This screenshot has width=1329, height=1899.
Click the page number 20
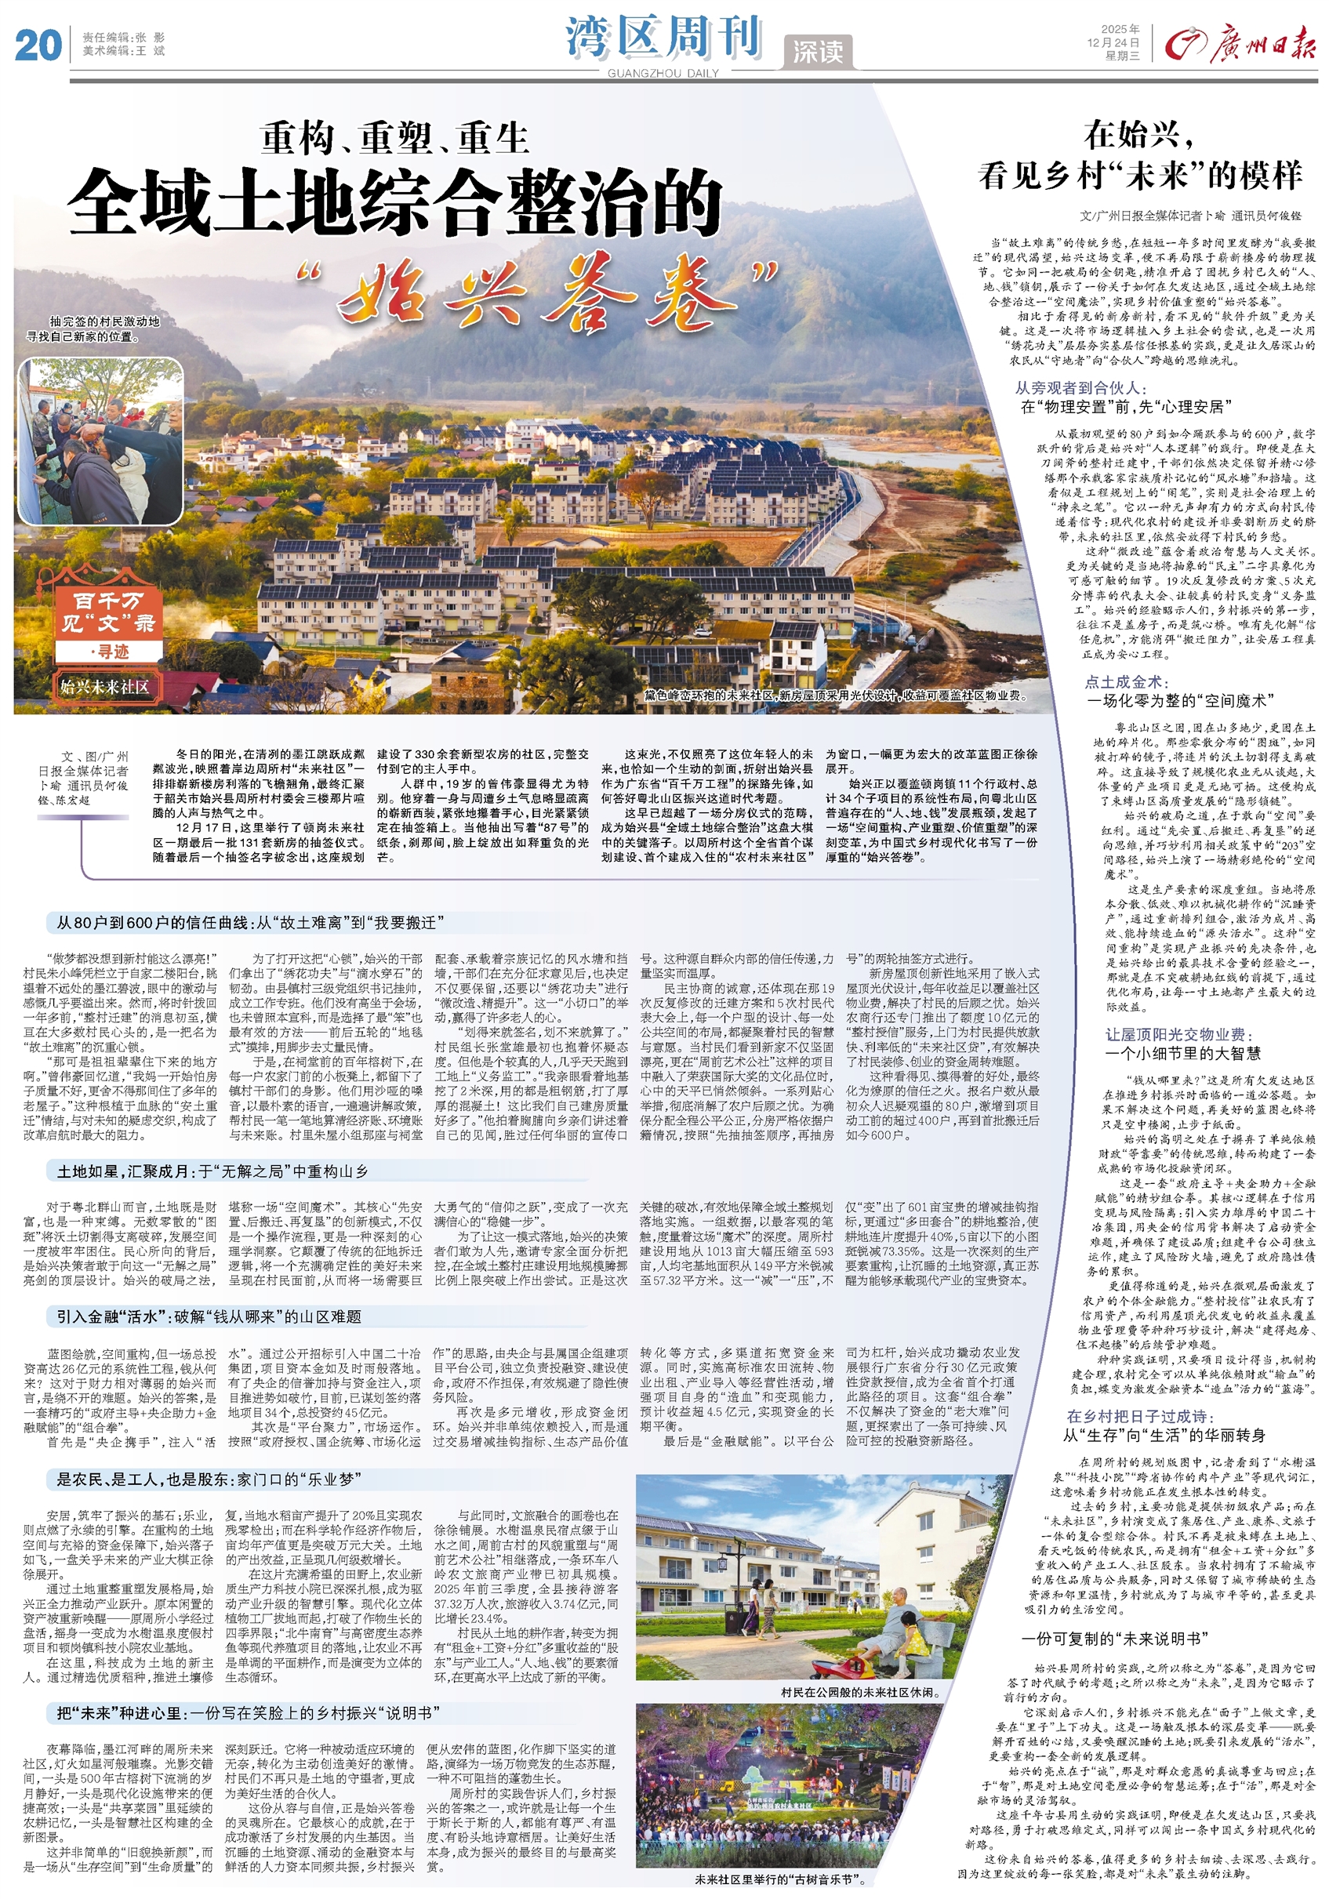[x=38, y=45]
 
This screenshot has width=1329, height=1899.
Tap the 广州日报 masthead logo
[x=1240, y=43]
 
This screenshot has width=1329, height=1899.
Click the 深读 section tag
[x=817, y=52]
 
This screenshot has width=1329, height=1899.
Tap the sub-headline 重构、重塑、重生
[x=394, y=138]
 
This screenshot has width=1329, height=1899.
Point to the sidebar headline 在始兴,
[x=1138, y=133]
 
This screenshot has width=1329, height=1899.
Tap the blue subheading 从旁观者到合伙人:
[x=1080, y=387]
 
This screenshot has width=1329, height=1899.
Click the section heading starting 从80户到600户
[x=252, y=922]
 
